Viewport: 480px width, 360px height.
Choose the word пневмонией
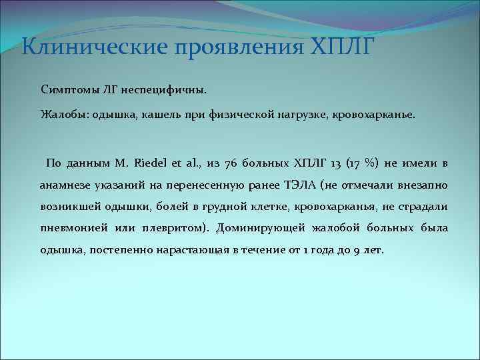[70, 229]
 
